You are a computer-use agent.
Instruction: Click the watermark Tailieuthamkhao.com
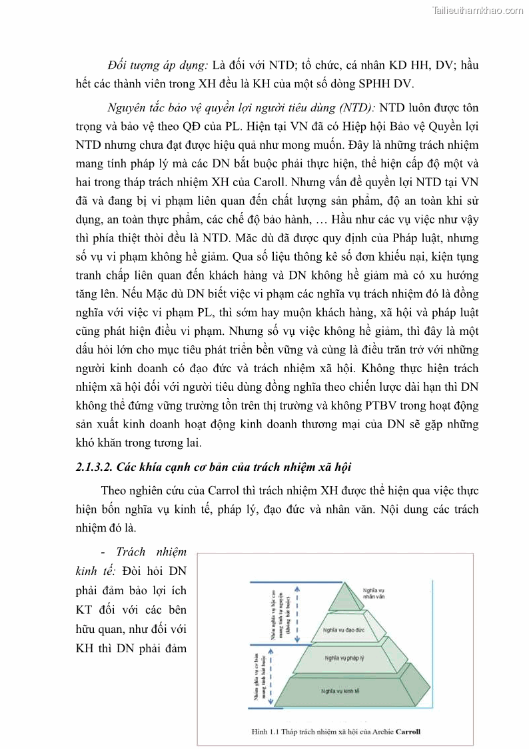(x=478, y=10)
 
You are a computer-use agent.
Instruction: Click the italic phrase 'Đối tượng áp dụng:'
(x=158, y=65)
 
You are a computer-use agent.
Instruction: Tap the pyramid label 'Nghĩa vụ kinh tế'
(x=340, y=690)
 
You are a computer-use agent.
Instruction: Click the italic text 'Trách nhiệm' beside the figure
(x=151, y=552)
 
